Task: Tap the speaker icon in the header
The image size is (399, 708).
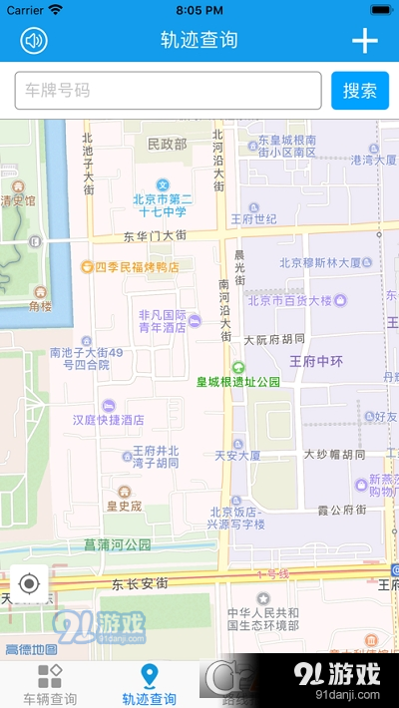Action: (34, 40)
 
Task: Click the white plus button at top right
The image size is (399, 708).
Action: (365, 41)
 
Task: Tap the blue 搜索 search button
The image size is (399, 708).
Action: (359, 91)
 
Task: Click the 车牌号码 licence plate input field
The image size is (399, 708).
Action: (168, 91)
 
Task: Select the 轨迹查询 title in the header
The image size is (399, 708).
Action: (199, 41)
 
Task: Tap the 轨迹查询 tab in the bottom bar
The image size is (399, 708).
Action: (150, 685)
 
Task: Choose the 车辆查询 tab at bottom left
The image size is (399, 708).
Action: (50, 685)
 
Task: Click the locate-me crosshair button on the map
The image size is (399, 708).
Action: (29, 583)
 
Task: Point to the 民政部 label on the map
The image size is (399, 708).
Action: (167, 145)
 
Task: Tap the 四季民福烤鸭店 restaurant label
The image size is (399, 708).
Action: (137, 267)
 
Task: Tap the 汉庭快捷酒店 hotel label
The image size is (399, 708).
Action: (110, 420)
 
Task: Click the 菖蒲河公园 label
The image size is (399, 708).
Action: (118, 544)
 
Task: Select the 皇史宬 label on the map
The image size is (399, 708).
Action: (125, 506)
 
